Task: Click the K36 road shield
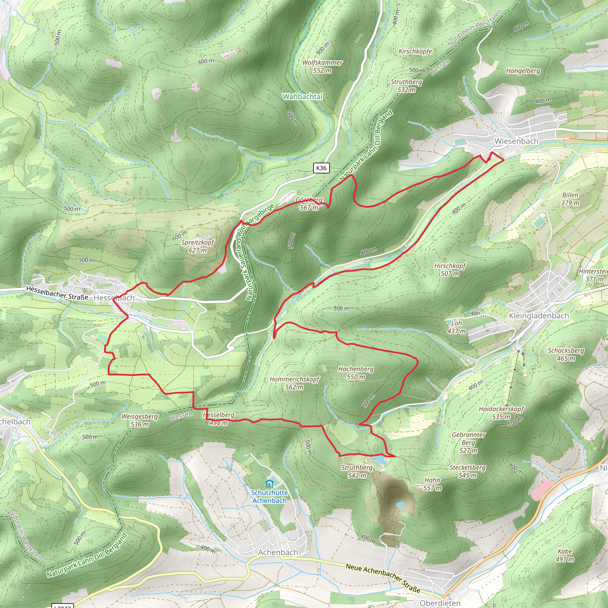click(x=321, y=168)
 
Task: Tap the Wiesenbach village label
click(x=516, y=141)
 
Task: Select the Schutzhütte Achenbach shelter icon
click(x=269, y=484)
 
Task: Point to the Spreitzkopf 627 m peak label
click(x=198, y=246)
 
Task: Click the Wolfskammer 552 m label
click(x=322, y=66)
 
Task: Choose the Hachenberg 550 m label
click(x=356, y=373)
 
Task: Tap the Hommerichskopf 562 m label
click(x=294, y=383)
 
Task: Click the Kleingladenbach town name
click(x=539, y=316)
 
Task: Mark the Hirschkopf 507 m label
click(x=450, y=270)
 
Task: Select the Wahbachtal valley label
click(x=303, y=96)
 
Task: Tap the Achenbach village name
click(x=278, y=552)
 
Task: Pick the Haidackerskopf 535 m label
click(x=501, y=413)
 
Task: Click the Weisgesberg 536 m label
click(x=140, y=420)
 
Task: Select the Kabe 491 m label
click(x=565, y=555)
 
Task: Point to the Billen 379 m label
click(x=570, y=199)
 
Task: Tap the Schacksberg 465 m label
click(x=566, y=354)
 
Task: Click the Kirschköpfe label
click(x=415, y=51)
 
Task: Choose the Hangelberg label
click(x=523, y=71)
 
